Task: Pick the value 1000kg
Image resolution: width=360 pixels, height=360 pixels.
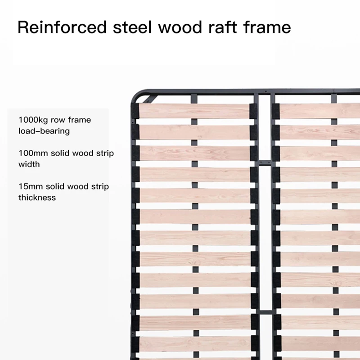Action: click(33, 120)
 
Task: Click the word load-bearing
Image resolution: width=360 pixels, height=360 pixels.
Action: click(44, 131)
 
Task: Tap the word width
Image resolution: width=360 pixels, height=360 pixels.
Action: click(29, 164)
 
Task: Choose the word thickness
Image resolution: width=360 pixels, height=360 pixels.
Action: click(37, 198)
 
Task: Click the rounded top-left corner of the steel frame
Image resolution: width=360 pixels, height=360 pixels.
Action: click(137, 94)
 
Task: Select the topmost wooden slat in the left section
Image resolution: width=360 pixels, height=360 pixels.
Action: click(193, 111)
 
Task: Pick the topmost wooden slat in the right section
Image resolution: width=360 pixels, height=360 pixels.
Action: click(319, 111)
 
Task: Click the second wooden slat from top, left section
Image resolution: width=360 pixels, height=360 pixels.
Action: click(193, 132)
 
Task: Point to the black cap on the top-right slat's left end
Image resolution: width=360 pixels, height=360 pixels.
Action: click(275, 111)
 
